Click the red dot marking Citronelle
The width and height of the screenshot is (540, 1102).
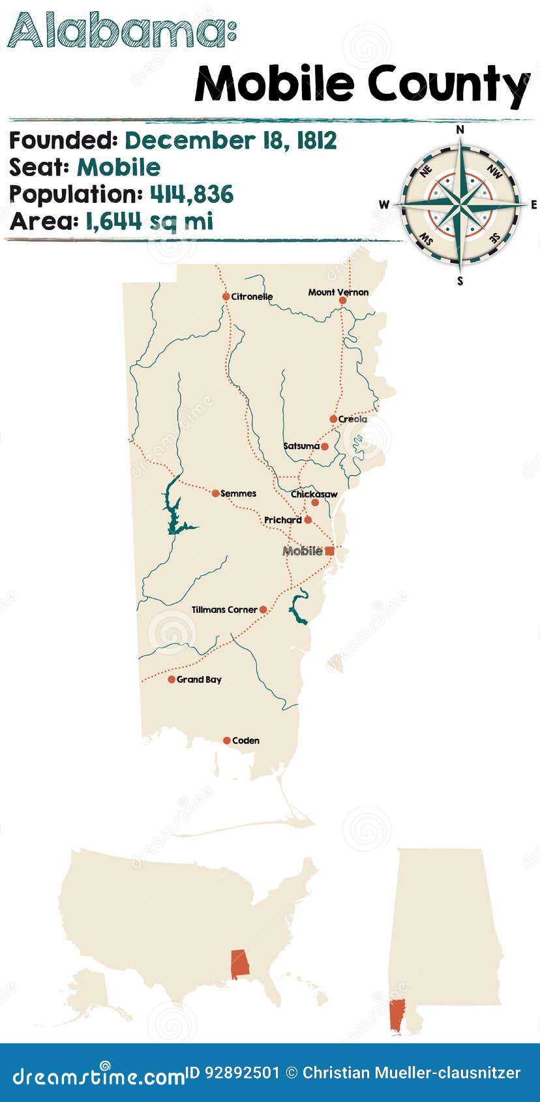tap(226, 297)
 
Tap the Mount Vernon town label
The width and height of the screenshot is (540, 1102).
tap(338, 292)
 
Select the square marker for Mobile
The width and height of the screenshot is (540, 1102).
tap(329, 551)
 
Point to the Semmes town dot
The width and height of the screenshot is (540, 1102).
tap(215, 494)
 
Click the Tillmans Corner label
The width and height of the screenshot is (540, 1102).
tap(224, 610)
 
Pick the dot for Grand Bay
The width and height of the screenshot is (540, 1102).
tap(172, 679)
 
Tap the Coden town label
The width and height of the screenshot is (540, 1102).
tap(246, 741)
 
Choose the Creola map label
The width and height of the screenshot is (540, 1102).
tap(353, 419)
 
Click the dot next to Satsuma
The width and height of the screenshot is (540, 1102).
tap(325, 447)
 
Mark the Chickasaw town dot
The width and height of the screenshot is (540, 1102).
tap(315, 503)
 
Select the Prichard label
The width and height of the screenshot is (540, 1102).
tap(282, 520)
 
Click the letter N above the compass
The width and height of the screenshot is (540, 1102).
tap(460, 130)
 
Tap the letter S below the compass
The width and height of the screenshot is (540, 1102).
tap(460, 281)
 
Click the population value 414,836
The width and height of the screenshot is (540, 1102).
tap(192, 194)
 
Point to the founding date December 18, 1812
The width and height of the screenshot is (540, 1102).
tap(231, 140)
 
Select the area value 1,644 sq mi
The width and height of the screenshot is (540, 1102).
tap(149, 222)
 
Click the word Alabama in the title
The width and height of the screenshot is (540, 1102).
tap(118, 31)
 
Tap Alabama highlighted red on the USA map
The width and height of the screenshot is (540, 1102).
tap(240, 964)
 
